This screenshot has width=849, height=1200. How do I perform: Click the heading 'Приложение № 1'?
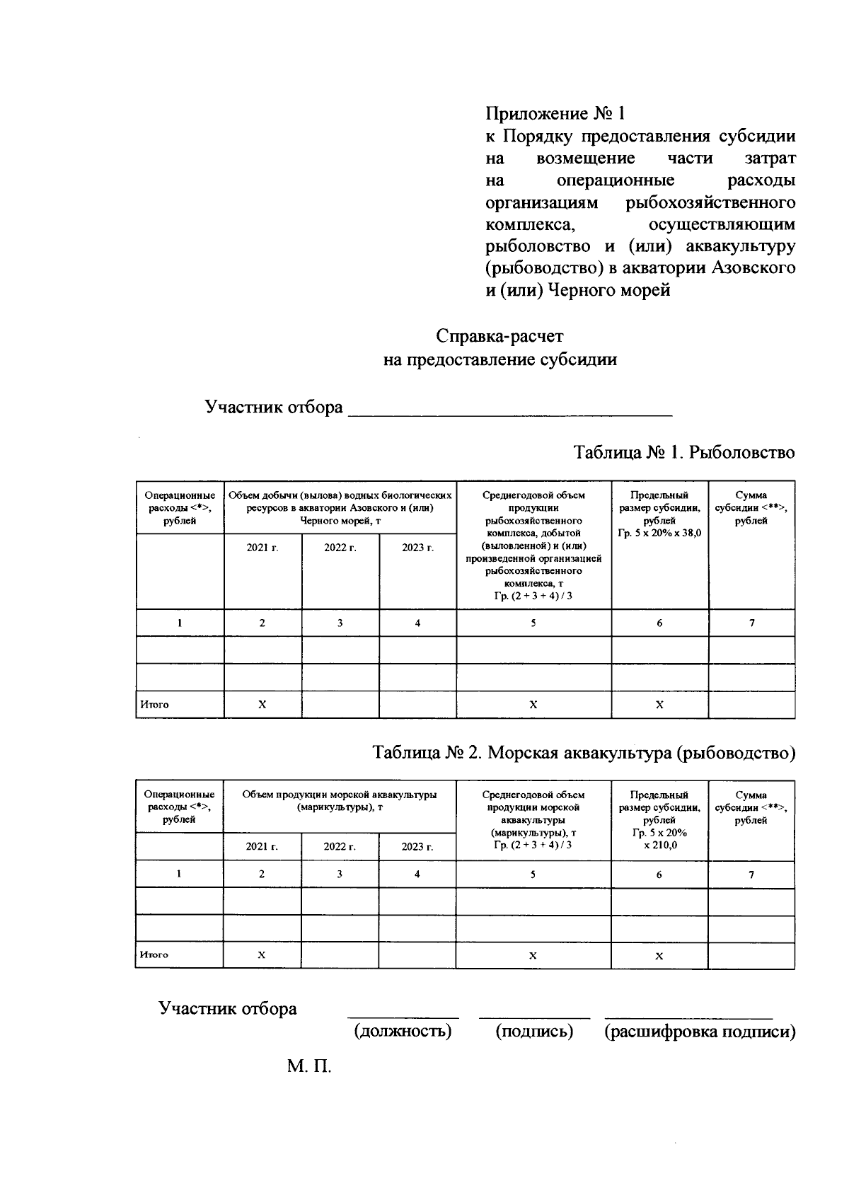click(555, 113)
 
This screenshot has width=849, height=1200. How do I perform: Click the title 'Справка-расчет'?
click(499, 336)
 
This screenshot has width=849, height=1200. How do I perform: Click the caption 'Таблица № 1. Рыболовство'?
click(683, 452)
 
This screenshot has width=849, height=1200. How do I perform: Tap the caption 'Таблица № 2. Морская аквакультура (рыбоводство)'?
click(584, 753)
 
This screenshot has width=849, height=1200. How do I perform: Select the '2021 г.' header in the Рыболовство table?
click(262, 548)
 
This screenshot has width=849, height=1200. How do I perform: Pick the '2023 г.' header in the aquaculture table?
click(417, 846)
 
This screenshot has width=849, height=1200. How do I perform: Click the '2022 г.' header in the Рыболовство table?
click(340, 548)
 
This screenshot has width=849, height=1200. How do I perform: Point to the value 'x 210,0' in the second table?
click(659, 845)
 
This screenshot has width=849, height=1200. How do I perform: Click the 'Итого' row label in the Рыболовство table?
click(154, 705)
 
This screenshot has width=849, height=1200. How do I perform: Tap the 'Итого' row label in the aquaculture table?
click(154, 954)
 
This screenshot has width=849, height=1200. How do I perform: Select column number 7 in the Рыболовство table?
click(751, 623)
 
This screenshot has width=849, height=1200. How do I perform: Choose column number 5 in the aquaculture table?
click(533, 874)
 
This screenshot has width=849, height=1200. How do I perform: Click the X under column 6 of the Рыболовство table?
click(659, 705)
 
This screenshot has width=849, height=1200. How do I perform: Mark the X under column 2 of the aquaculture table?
click(261, 954)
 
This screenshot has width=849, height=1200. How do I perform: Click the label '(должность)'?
click(403, 1031)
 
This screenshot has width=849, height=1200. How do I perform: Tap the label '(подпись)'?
click(534, 1031)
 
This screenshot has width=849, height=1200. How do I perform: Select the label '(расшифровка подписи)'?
click(699, 1031)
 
